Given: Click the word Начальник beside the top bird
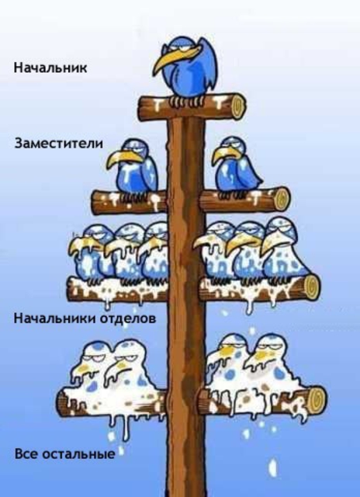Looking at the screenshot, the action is (50, 68).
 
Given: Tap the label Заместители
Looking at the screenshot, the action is (59, 143).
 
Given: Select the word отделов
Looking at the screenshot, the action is (128, 318).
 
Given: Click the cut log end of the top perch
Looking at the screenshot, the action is (237, 106).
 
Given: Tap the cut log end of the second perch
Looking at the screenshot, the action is (282, 199).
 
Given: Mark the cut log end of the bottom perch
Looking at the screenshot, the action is (317, 400).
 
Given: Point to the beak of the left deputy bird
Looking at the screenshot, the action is (123, 158).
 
